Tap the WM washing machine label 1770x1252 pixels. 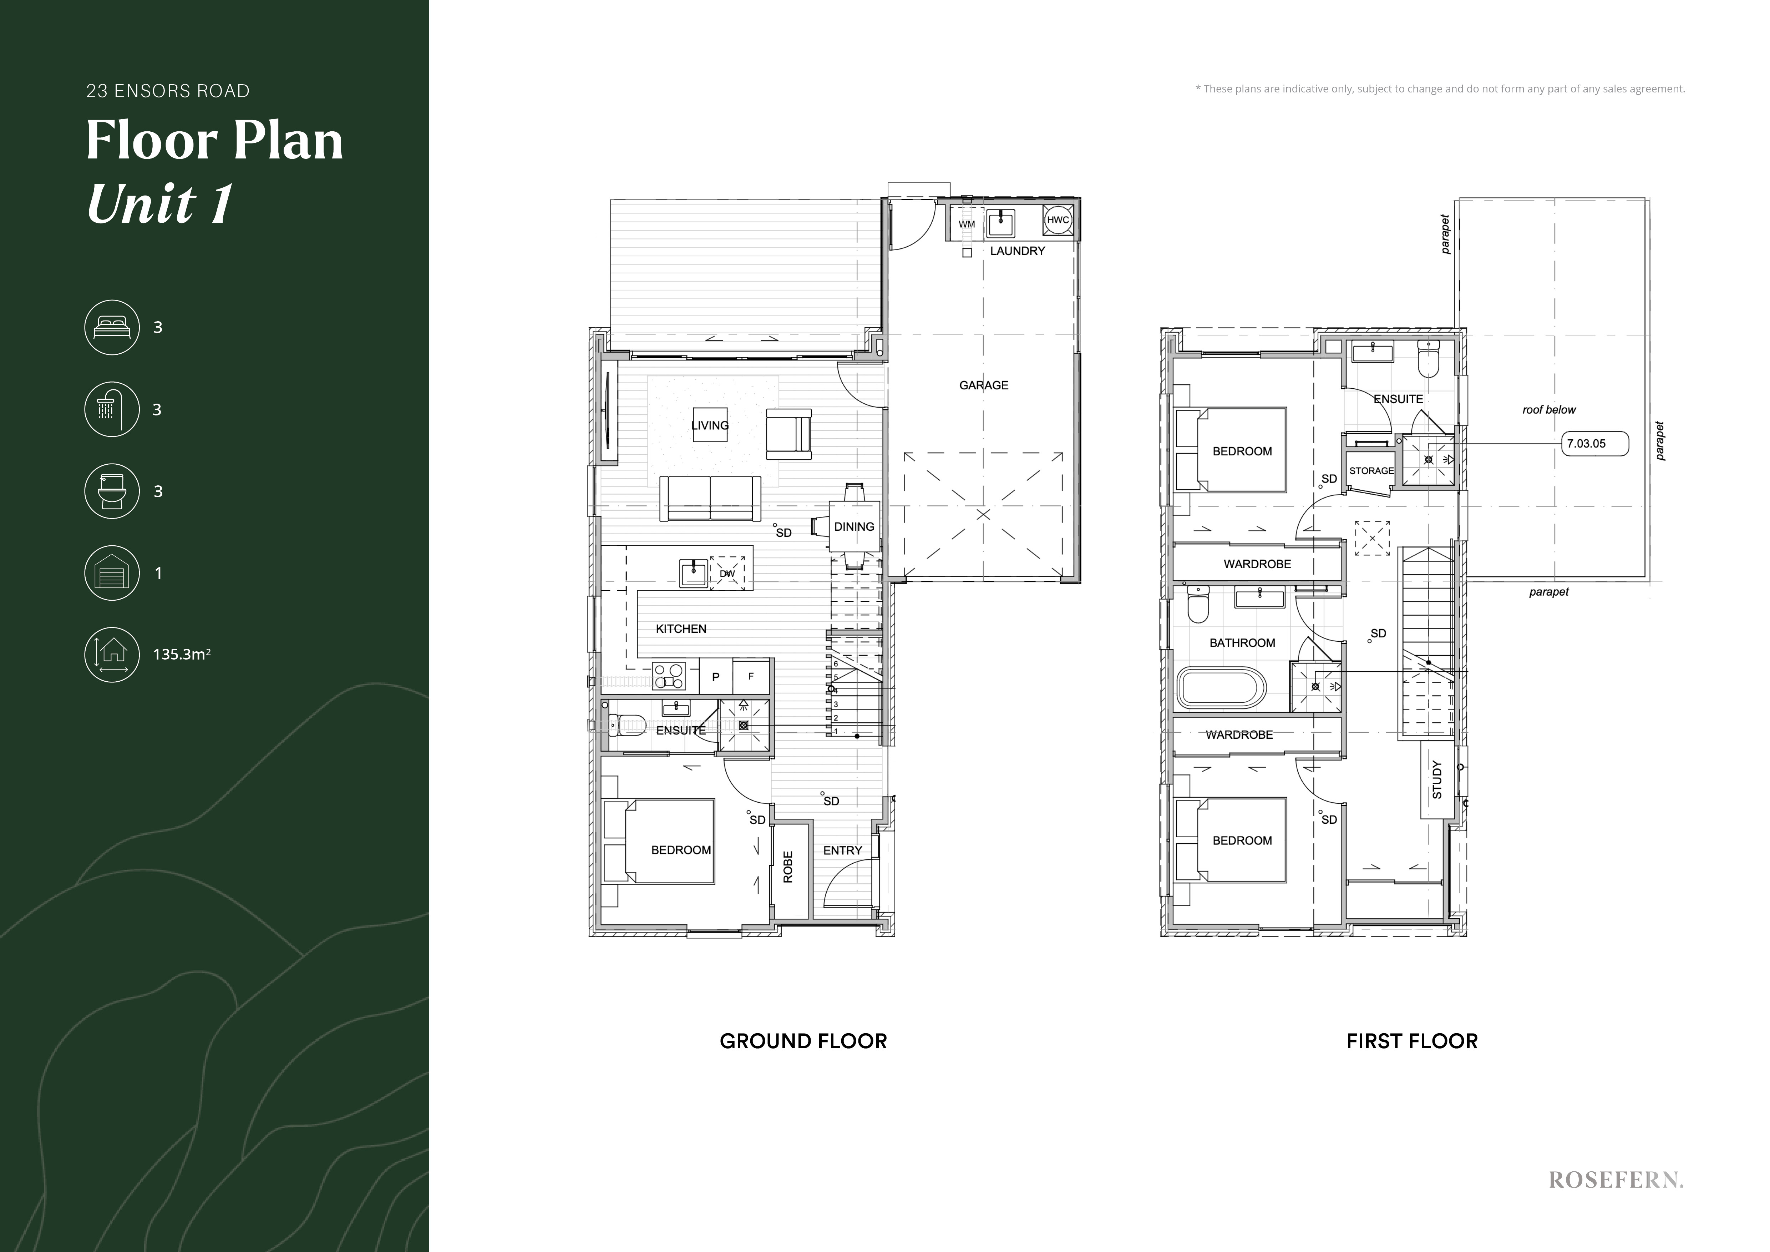pyautogui.click(x=967, y=224)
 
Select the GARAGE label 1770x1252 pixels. pyautogui.click(x=984, y=385)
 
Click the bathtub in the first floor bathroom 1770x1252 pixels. pyautogui.click(x=1221, y=688)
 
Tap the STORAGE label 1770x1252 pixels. pyautogui.click(x=1371, y=471)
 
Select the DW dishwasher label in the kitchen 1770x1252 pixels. pyautogui.click(x=727, y=574)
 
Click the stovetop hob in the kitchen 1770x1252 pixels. pyautogui.click(x=669, y=676)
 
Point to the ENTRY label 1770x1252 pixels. pyautogui.click(x=843, y=850)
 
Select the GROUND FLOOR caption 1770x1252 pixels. pyautogui.click(x=803, y=1041)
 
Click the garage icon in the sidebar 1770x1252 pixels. pyautogui.click(x=112, y=573)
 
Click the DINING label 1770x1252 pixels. pyautogui.click(x=854, y=526)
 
